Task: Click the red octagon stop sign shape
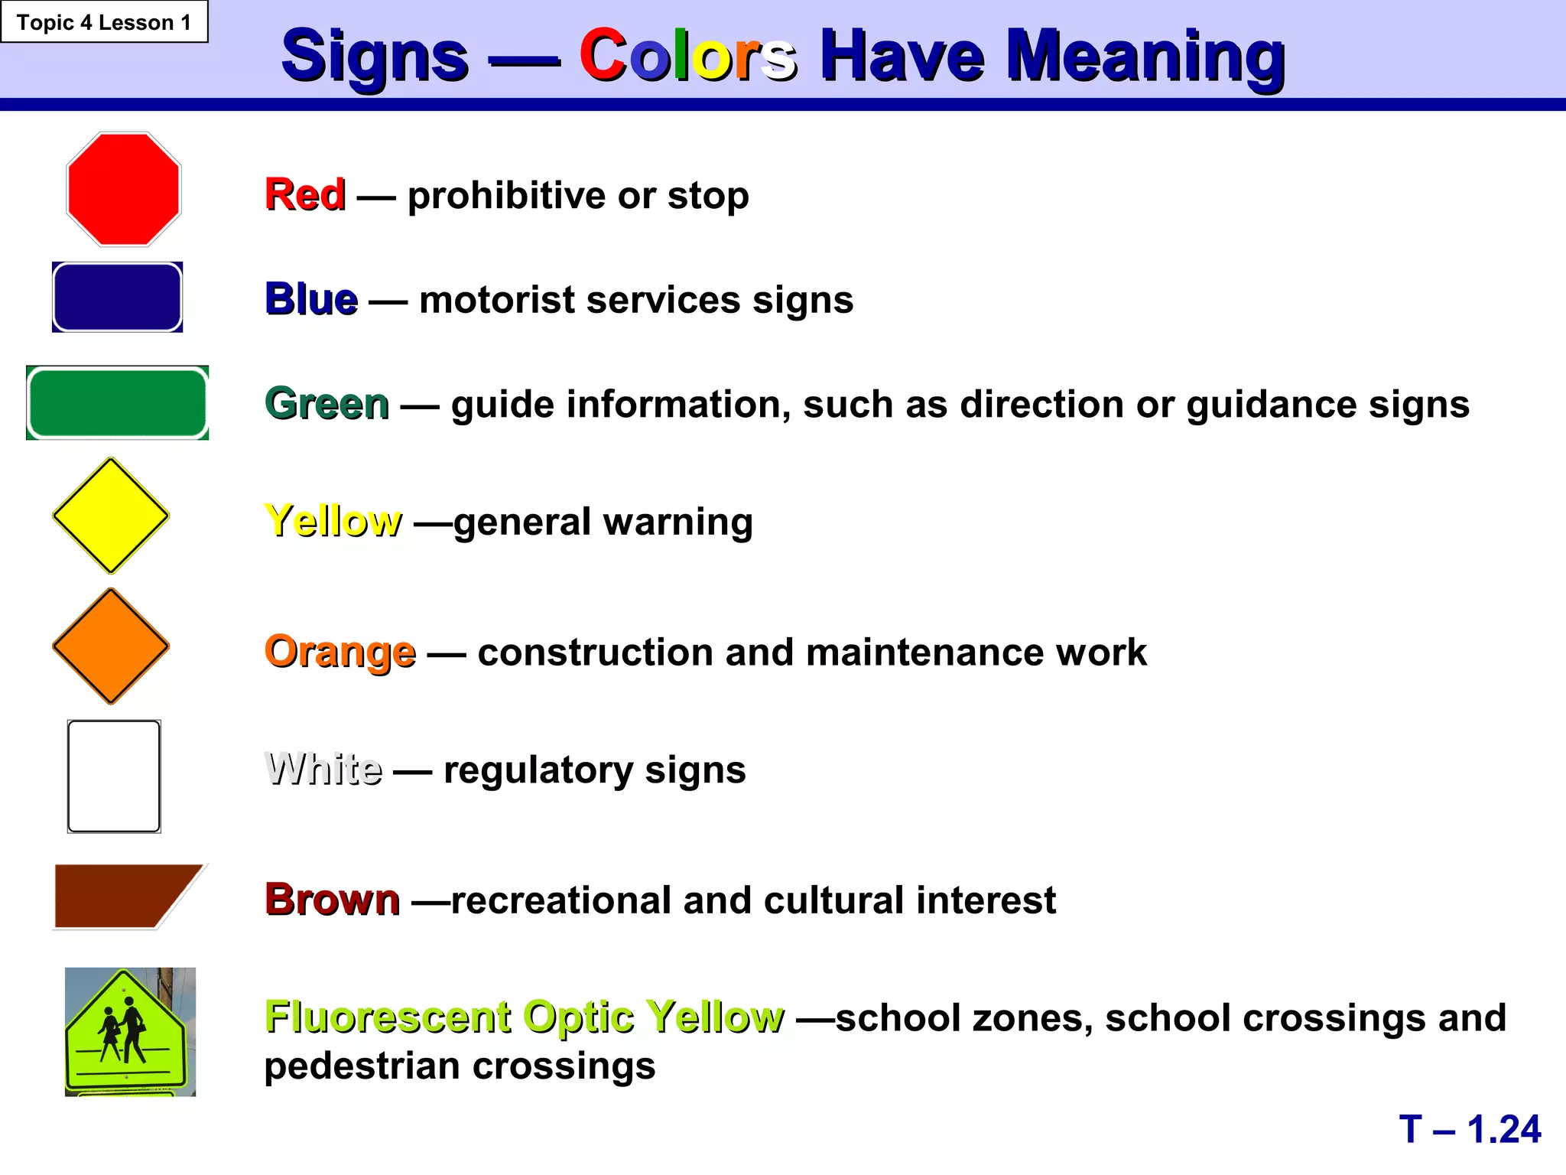[123, 189]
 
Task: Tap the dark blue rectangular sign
[117, 297]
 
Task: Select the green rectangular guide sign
[117, 403]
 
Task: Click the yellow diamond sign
[111, 516]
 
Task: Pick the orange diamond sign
[111, 646]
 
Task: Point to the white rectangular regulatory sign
[114, 776]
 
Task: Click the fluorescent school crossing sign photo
[130, 1031]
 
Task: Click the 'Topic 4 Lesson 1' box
[104, 22]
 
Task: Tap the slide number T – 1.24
[1470, 1129]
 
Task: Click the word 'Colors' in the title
[687, 55]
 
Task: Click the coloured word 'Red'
[304, 194]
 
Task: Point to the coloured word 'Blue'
[310, 299]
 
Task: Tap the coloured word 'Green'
[327, 404]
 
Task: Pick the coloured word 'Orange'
[340, 653]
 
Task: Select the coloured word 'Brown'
[332, 900]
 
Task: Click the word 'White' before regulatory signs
[323, 769]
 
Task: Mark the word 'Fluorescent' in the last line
[388, 1017]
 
